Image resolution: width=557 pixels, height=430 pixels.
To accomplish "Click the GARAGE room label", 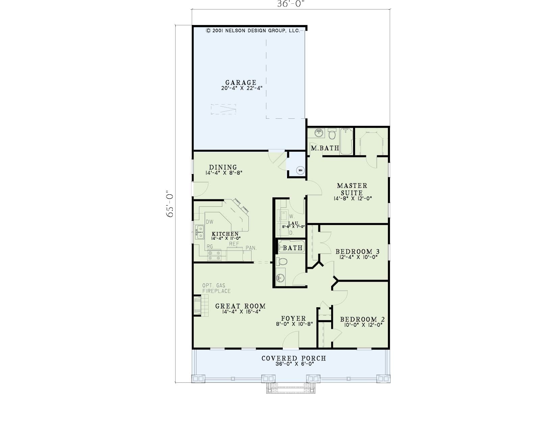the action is coord(241,83).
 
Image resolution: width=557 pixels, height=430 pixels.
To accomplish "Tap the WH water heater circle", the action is coord(300,170).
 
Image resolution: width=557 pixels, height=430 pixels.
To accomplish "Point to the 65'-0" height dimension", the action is coord(170,204).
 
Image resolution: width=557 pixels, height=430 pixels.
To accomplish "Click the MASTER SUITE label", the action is coord(352,189).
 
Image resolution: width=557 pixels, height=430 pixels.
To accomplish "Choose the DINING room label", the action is coord(223,167).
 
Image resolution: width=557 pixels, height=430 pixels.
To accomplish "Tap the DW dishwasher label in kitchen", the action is coord(210,222).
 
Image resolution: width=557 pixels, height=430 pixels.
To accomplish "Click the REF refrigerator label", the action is coord(234,244).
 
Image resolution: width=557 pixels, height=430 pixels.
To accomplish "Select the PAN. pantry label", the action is coord(251,248).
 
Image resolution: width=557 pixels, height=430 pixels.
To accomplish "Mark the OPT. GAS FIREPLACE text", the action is coord(216,288).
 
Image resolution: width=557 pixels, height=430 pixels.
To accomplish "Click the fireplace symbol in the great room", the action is coord(201,306).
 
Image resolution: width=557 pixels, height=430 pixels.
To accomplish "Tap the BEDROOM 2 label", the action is coord(363,319).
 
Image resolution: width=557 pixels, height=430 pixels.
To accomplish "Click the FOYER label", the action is coord(293,318).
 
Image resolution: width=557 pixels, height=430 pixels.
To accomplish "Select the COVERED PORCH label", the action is coord(294,358).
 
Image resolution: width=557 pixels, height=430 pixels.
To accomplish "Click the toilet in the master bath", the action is coord(332,134).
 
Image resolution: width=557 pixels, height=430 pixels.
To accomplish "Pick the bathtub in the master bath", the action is coord(346,141).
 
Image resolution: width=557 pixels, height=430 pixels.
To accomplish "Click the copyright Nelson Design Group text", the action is coord(253,31).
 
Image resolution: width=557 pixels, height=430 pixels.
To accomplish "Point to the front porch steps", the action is coord(291,388).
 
